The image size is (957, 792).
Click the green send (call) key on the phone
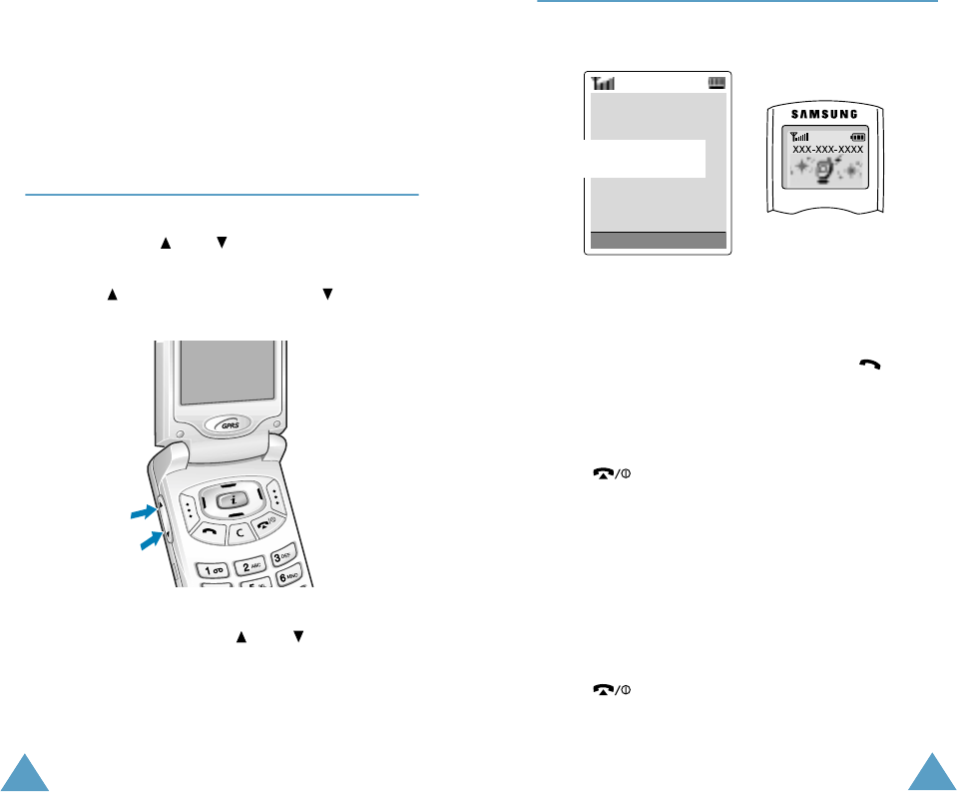point(209,532)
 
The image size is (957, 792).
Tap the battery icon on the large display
point(717,84)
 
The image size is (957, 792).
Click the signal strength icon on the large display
point(603,84)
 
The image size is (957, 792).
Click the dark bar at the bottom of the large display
point(658,240)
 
